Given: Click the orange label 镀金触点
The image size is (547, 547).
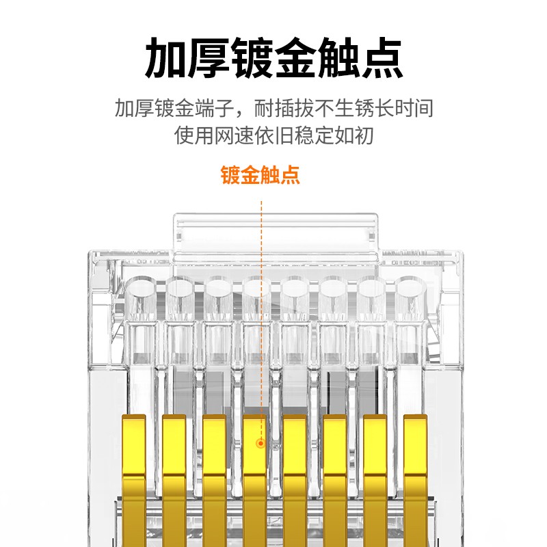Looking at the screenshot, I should click(x=260, y=175).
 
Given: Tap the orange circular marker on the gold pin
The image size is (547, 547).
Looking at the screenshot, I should click(x=261, y=444).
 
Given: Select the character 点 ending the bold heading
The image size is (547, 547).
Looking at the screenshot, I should click(x=381, y=59).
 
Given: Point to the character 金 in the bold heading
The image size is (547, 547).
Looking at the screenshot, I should click(x=296, y=59).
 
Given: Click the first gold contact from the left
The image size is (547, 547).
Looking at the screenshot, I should click(x=134, y=472).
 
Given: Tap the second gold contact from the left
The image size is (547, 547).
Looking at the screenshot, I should click(x=174, y=472).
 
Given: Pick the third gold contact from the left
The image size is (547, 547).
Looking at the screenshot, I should click(x=214, y=472).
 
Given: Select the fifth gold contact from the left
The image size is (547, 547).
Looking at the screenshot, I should click(x=295, y=472).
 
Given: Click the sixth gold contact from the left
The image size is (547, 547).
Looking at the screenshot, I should click(x=335, y=472).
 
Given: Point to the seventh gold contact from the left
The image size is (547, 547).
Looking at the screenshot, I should click(x=375, y=472).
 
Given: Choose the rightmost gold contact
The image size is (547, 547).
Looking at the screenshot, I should click(x=415, y=472).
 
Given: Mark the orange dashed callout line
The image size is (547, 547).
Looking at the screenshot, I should click(x=261, y=308).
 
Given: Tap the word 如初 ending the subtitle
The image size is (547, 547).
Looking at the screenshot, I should click(x=356, y=135).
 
